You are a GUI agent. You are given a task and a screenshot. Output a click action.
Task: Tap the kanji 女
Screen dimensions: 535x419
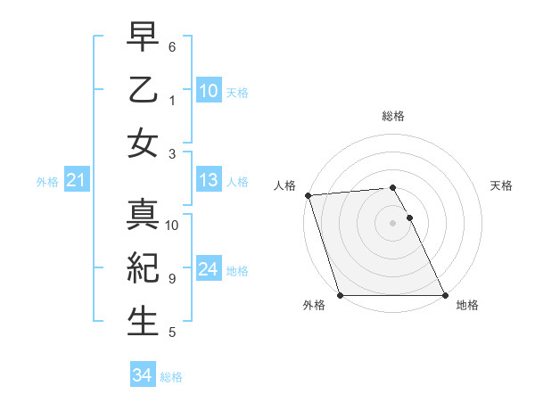tap(143, 143)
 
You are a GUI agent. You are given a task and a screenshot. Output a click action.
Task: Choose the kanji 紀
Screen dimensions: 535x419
tap(143, 269)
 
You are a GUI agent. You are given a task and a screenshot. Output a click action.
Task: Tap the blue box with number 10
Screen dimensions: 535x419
tap(209, 91)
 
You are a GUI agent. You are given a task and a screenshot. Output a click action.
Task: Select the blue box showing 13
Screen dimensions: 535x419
tap(209, 181)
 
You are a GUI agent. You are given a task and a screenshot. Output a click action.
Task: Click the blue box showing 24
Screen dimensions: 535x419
tap(209, 270)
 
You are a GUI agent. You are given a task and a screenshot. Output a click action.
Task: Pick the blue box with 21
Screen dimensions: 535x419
tap(76, 181)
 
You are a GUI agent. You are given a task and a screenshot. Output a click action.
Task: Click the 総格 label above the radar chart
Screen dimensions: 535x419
tap(393, 116)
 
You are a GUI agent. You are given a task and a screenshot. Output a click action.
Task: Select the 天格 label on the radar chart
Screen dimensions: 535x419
tap(501, 185)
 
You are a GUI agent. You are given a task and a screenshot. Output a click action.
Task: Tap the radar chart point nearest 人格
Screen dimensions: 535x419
tap(308, 195)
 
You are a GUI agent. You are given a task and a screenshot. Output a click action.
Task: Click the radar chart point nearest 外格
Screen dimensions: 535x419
tap(341, 295)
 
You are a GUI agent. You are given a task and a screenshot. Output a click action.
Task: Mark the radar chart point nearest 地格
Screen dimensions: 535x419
tap(445, 295)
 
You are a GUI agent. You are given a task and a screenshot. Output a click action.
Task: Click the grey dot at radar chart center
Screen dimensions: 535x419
tap(393, 223)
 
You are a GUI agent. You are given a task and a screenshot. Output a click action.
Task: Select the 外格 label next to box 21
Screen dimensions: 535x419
tap(47, 182)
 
